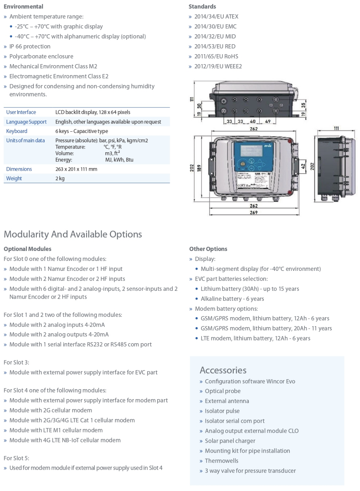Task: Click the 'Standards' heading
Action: tap(202, 7)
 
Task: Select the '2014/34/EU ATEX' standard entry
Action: tap(216, 16)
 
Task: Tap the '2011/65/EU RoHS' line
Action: tap(216, 56)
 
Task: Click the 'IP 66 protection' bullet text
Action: tap(30, 46)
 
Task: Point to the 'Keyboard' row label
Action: tap(17, 131)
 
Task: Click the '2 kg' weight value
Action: tap(60, 178)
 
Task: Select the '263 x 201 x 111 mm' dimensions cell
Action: tap(76, 169)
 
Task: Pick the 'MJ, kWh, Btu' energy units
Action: tap(119, 160)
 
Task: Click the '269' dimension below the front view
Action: tap(254, 213)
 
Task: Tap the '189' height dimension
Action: tap(199, 168)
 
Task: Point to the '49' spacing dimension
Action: tap(268, 121)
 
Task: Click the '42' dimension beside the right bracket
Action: tap(303, 166)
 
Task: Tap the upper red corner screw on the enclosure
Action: tap(290, 141)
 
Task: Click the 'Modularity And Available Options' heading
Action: tap(73, 234)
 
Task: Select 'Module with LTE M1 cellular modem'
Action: tap(56, 430)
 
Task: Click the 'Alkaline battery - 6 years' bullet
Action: tap(232, 299)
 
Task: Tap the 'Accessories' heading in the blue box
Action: tap(223, 370)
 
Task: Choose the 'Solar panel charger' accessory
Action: tap(230, 441)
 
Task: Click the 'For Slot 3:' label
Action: tap(16, 362)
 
